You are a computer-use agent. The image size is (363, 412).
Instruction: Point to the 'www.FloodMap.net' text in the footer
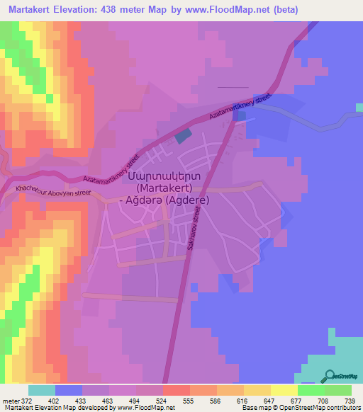click(148, 408)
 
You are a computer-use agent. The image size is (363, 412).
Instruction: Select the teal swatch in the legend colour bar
click(42, 390)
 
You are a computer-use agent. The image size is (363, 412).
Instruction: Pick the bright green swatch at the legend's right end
click(338, 390)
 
